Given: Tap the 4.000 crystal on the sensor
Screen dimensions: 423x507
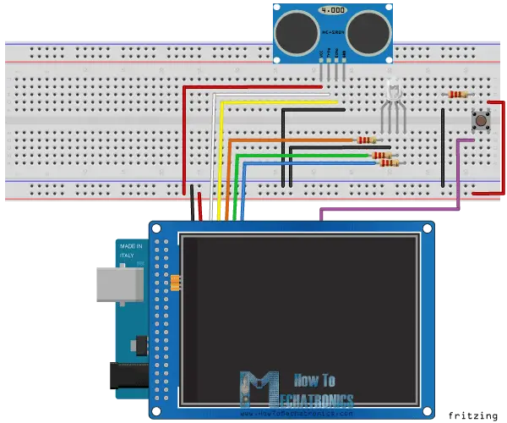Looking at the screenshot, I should [x=333, y=11].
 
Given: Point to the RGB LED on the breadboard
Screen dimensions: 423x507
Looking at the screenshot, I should [x=392, y=93].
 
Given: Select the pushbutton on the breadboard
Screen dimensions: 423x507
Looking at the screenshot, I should [x=482, y=120].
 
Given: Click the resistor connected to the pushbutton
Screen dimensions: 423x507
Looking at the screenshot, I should [x=457, y=95].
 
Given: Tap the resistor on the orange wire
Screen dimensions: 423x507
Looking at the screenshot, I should [x=367, y=140].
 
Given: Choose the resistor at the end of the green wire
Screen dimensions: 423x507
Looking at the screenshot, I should [x=381, y=155].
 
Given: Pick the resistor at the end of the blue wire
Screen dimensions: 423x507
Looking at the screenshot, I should [x=389, y=162].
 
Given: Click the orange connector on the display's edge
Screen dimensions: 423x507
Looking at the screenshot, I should [x=176, y=282].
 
